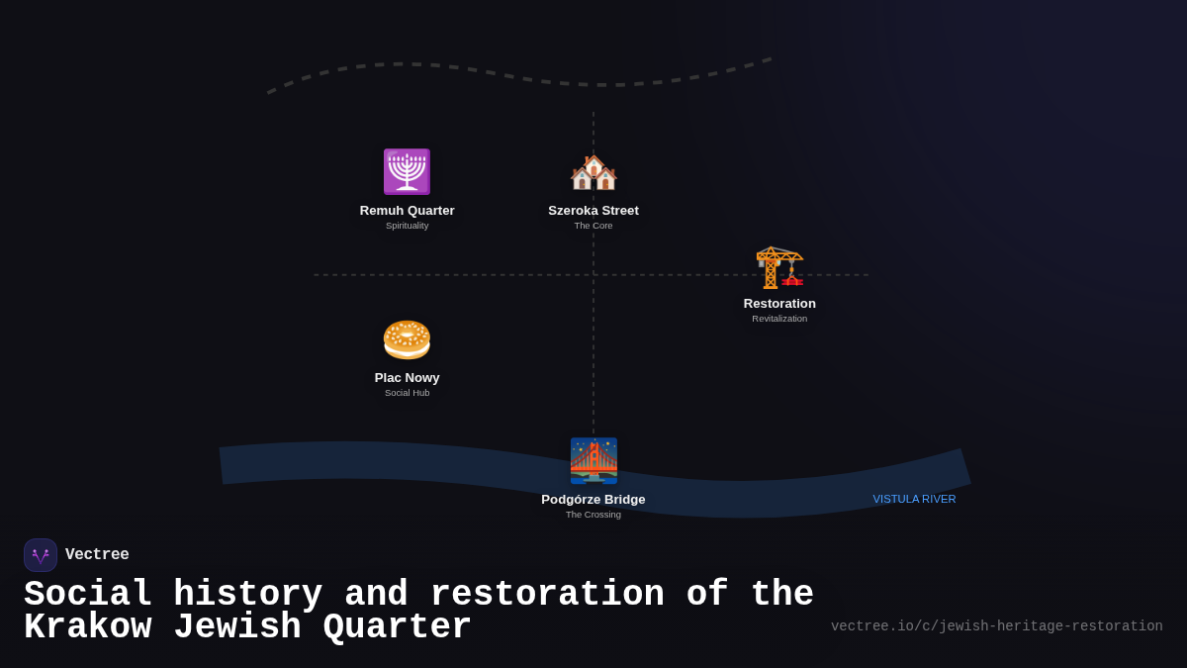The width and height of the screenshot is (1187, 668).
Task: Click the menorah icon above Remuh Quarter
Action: click(x=407, y=171)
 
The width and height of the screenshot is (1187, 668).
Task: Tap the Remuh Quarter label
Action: click(x=407, y=211)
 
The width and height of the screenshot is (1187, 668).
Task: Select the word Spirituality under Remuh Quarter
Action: click(x=407, y=226)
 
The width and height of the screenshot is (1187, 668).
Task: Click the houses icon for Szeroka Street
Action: click(x=593, y=172)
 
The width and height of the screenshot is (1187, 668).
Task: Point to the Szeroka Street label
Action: click(x=593, y=211)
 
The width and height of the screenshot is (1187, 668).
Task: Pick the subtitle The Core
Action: click(x=593, y=226)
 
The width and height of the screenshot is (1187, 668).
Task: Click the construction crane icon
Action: click(x=779, y=265)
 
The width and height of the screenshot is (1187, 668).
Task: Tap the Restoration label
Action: click(x=779, y=304)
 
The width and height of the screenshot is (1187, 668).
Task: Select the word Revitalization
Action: click(x=779, y=319)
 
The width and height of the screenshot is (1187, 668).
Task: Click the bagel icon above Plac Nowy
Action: click(x=407, y=339)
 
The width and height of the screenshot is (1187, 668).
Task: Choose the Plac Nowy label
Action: click(x=407, y=378)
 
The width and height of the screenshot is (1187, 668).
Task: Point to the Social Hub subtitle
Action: click(x=407, y=393)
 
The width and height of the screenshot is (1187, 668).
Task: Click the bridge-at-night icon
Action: click(x=593, y=460)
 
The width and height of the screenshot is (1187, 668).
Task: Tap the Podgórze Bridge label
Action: click(x=593, y=500)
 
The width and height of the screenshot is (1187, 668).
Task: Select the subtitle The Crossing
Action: click(x=593, y=515)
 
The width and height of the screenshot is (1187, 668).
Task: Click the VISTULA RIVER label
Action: click(x=914, y=499)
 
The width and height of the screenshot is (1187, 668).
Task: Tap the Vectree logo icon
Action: click(x=41, y=555)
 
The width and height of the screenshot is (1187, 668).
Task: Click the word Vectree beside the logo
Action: click(x=97, y=555)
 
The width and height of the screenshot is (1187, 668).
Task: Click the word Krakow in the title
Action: click(x=87, y=628)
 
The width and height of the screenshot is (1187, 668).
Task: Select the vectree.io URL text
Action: click(x=996, y=626)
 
